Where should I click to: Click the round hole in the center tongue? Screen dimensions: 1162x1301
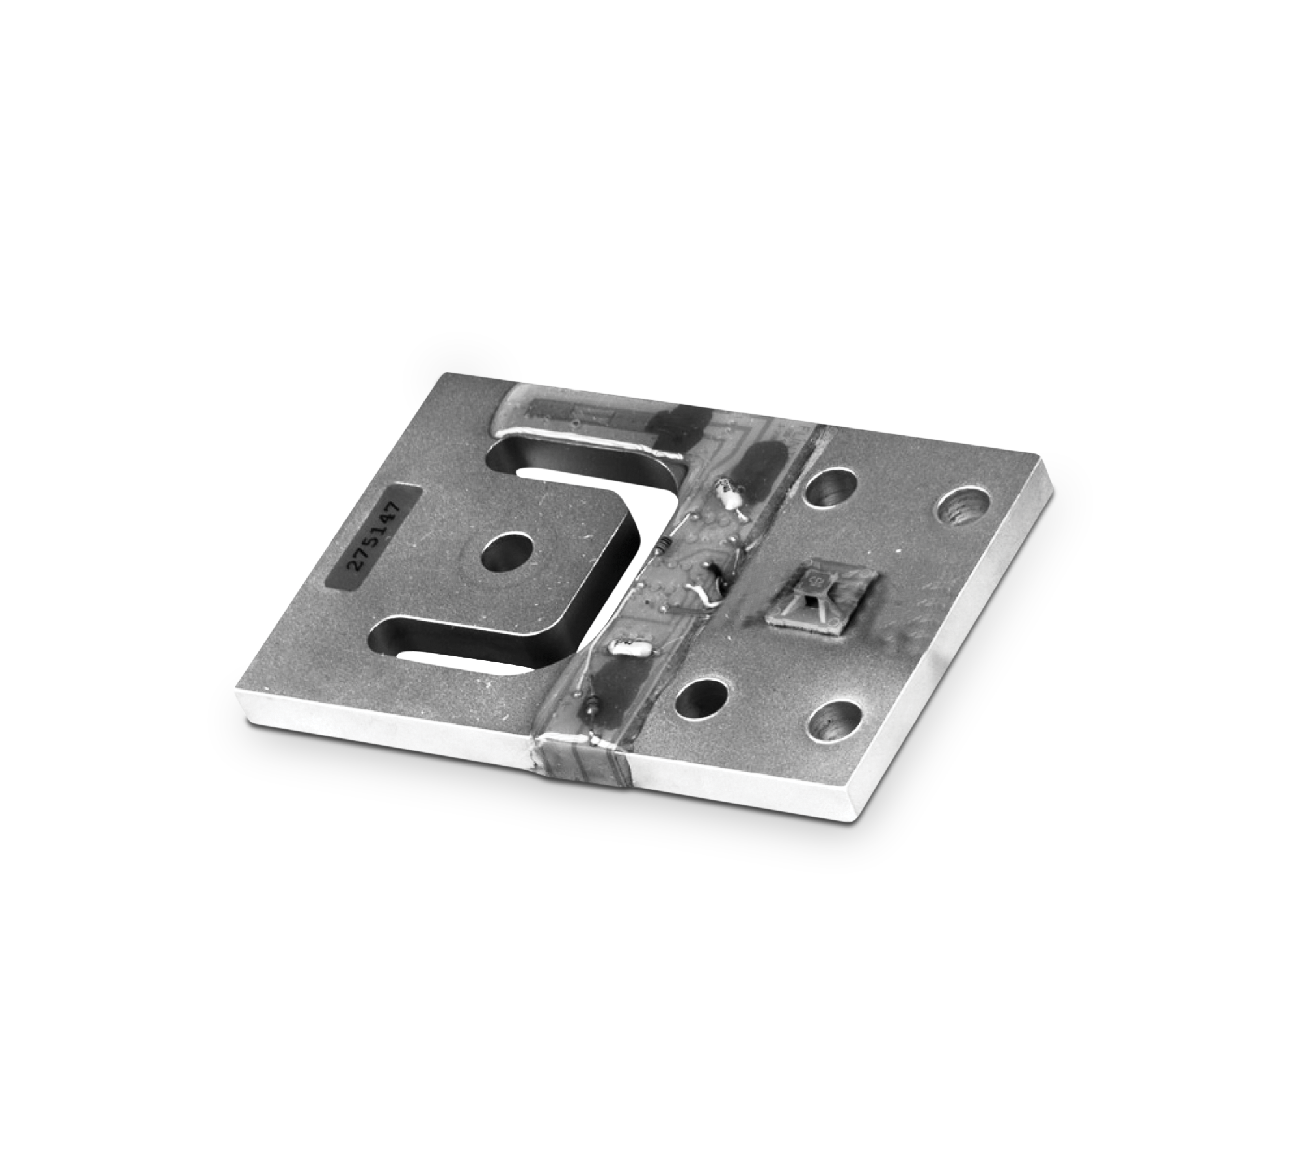pyautogui.click(x=505, y=555)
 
